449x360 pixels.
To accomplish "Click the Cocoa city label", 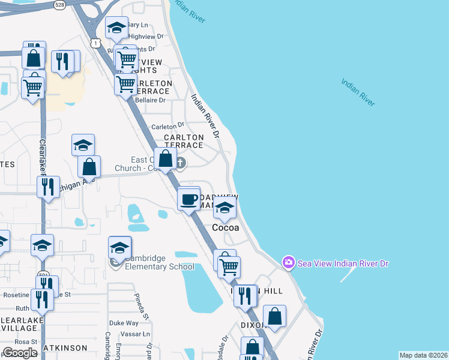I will (226, 228).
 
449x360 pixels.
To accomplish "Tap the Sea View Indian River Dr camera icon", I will (289, 262).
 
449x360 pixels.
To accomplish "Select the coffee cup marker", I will (189, 199).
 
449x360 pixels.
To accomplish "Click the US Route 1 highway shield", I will (95, 42).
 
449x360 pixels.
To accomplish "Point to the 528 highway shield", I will (59, 4).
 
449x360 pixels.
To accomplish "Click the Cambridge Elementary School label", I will (159, 263).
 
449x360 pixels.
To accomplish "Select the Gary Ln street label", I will (137, 25).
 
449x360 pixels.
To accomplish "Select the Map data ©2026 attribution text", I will (423, 355).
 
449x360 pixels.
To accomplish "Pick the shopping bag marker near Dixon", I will (274, 317).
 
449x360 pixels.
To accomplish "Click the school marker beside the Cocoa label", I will (225, 209).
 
